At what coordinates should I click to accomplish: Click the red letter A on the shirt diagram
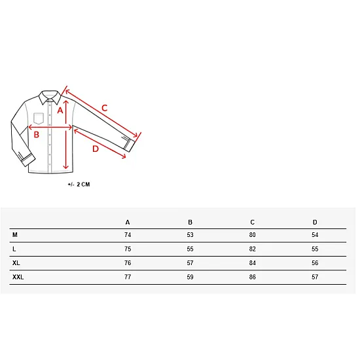tap(60, 111)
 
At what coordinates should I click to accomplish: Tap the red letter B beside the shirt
tap(37, 135)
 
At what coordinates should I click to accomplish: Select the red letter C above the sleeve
tap(105, 108)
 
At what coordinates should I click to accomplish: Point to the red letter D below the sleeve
tap(96, 149)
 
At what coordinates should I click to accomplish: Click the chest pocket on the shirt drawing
tap(39, 118)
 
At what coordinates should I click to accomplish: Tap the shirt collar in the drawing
tap(50, 97)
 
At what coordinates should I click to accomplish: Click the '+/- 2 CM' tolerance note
tap(79, 185)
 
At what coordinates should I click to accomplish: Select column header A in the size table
tap(128, 223)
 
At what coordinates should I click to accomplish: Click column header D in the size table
tap(315, 223)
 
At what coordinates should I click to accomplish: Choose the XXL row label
tap(18, 277)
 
